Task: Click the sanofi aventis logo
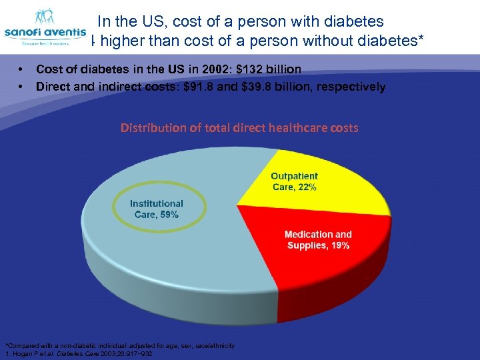(x=45, y=28)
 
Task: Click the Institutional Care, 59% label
(x=157, y=209)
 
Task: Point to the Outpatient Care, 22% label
(x=295, y=181)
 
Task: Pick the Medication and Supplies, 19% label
(x=318, y=240)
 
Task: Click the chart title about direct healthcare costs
(x=239, y=127)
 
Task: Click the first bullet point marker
(x=22, y=69)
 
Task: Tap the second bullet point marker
(x=22, y=87)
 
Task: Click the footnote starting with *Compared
(x=119, y=345)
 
